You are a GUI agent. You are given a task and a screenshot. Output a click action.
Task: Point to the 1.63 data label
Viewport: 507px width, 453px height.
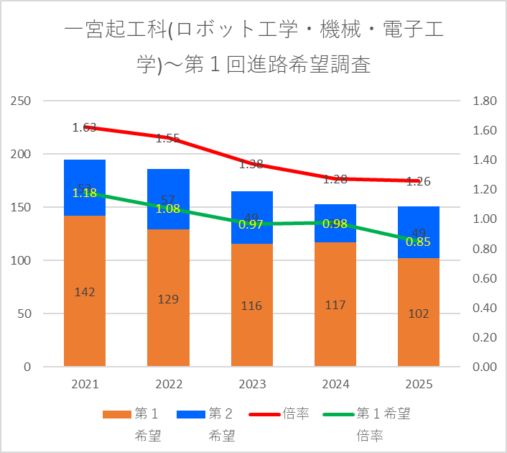tap(84, 128)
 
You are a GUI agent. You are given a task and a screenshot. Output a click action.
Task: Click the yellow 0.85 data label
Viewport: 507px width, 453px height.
tap(418, 242)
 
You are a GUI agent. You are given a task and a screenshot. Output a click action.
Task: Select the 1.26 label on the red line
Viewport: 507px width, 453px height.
tap(418, 181)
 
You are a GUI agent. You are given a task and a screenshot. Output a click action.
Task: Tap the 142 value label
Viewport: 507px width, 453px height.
tap(85, 292)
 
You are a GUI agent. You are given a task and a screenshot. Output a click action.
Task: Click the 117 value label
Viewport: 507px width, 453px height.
tap(335, 305)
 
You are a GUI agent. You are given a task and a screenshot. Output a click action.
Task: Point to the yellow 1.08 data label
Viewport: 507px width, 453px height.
tap(168, 209)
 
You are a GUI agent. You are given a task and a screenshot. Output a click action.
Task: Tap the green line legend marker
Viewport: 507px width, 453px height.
tap(338, 414)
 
